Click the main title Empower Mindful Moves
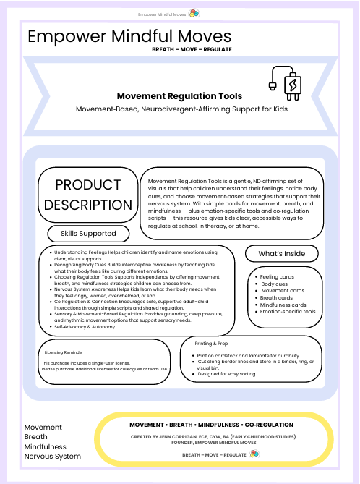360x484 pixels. click(130, 37)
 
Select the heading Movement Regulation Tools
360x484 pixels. click(179, 96)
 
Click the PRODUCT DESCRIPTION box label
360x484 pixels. click(88, 195)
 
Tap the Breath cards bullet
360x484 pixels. click(275, 297)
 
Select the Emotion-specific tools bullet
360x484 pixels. click(287, 312)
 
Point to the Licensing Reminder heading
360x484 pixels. click(65, 352)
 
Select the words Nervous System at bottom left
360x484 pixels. click(53, 457)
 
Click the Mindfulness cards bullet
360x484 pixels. click(281, 305)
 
